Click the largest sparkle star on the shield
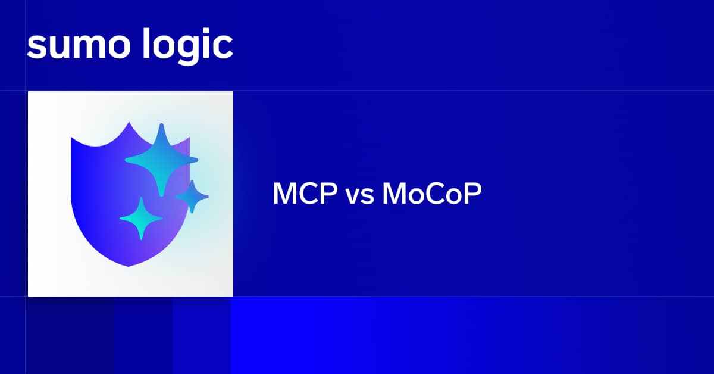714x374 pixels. [x=161, y=159]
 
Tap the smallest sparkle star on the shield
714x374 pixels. [x=192, y=196]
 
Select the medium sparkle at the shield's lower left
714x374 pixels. [x=141, y=219]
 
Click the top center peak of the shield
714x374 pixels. [x=129, y=123]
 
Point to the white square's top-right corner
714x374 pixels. [x=232, y=92]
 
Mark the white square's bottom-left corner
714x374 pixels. [x=29, y=295]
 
